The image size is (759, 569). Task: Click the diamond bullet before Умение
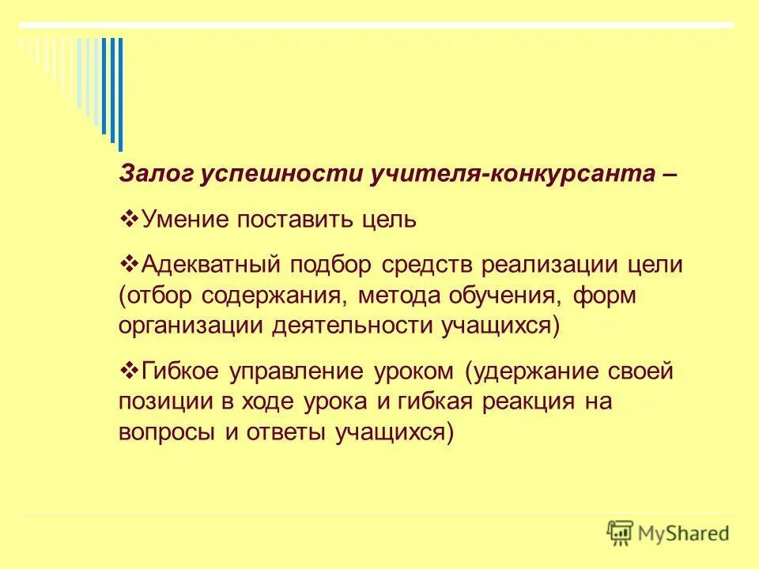[132, 217]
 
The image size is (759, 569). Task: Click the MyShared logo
[668, 532]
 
